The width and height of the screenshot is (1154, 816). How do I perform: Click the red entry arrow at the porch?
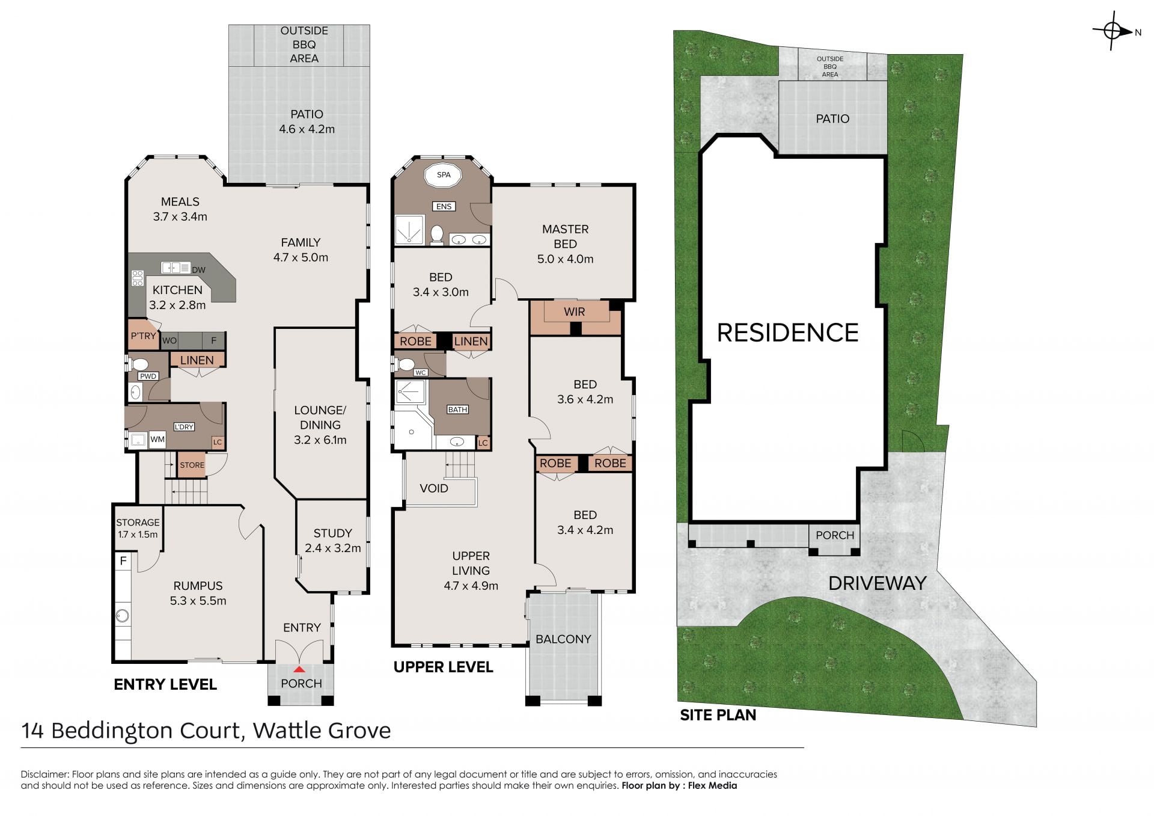point(299,669)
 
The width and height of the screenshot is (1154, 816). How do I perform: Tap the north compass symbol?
point(1113,31)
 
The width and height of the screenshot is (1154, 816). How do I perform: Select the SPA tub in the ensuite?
point(444,175)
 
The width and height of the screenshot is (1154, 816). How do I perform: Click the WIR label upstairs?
point(574,311)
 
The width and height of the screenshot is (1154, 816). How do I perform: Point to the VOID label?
point(434,488)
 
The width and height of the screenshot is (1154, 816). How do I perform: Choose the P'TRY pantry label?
point(143,336)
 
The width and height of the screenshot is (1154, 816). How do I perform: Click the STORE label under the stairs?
point(192,465)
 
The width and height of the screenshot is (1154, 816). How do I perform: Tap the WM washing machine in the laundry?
point(157,439)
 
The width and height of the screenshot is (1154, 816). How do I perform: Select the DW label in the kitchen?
point(198,270)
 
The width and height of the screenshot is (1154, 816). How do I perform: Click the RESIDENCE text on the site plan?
point(787,333)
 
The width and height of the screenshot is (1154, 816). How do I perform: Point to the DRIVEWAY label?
point(877,583)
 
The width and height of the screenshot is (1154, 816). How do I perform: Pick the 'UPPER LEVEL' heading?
point(443,667)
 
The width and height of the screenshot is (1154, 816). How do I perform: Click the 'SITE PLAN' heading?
point(718,715)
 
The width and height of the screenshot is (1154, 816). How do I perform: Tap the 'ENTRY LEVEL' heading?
point(165,684)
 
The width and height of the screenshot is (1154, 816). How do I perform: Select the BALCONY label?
point(563,639)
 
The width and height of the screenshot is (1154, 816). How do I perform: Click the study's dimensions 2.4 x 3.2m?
point(332,548)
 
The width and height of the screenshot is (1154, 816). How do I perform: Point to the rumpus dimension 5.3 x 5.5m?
point(198,601)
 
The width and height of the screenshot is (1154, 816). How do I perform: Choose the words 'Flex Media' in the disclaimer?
point(712,785)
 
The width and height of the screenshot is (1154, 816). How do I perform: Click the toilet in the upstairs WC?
point(406,364)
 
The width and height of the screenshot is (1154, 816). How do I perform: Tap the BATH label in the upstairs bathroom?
point(457,410)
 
